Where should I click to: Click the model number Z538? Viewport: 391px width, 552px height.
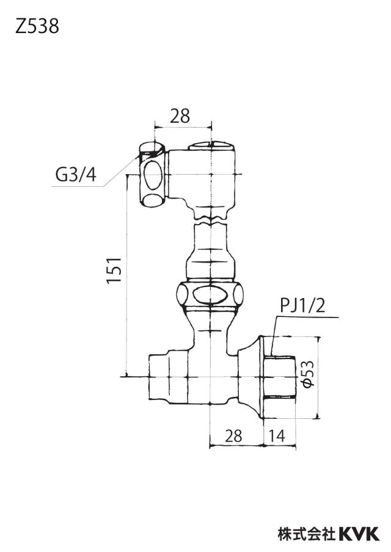(37, 26)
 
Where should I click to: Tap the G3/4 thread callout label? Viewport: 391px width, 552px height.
(76, 175)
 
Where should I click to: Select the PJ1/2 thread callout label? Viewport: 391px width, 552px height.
(303, 307)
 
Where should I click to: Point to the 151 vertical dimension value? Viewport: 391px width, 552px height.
(114, 270)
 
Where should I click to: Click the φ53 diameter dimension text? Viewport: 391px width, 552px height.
(308, 374)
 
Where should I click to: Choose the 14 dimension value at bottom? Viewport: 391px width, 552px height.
(277, 436)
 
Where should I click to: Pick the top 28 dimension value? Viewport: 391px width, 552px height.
(180, 116)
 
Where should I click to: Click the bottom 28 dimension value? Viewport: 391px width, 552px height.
(233, 436)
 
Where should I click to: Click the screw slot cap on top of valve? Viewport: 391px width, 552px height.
(211, 146)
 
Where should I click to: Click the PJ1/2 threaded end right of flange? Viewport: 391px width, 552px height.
(280, 377)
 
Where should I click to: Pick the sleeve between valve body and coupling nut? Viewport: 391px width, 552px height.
(211, 252)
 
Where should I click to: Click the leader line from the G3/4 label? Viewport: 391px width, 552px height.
(120, 170)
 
